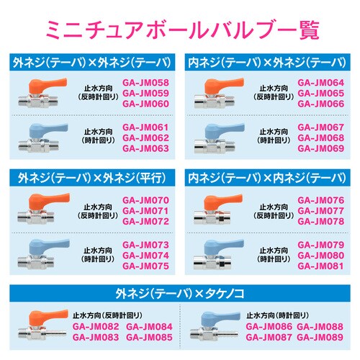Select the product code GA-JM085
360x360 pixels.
coord(150,337)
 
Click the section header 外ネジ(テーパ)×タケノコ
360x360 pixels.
coord(180,294)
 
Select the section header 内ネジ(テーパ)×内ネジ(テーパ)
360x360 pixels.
coord(268,177)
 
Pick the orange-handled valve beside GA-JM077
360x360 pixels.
coord(220,210)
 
